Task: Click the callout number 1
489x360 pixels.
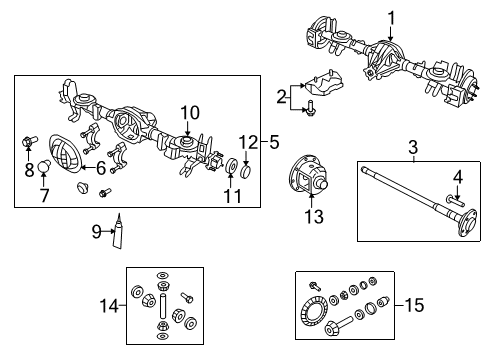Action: coord(391,16)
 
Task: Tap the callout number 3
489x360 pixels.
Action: coord(411,149)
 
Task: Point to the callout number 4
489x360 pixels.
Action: coord(459,178)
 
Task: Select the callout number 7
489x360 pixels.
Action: coord(43,195)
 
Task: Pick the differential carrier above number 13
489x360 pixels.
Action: coord(312,175)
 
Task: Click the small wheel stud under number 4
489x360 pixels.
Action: coord(458,198)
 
